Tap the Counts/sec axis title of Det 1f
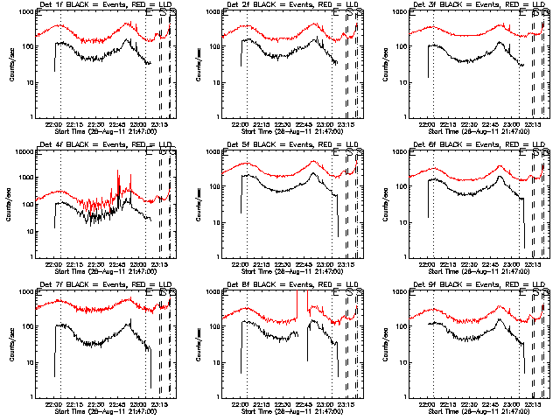[x=11, y=65]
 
